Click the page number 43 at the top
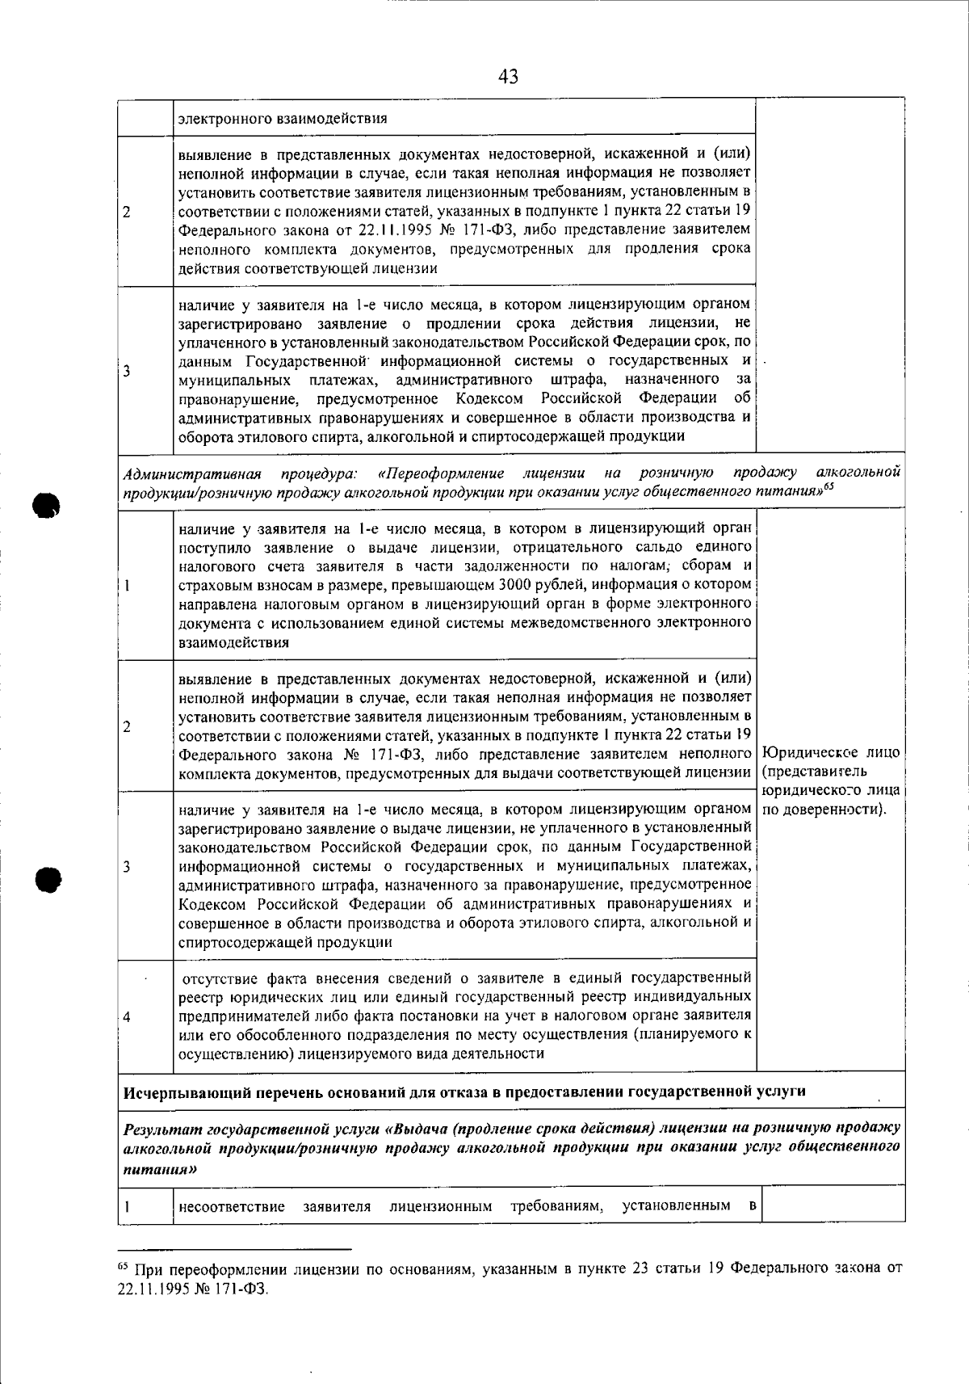pyautogui.click(x=508, y=77)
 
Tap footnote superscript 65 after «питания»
pyautogui.click(x=828, y=486)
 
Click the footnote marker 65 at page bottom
pyautogui.click(x=124, y=1267)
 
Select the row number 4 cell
pyautogui.click(x=128, y=1016)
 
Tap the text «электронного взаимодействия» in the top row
pyautogui.click(x=282, y=118)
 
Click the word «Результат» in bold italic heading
pyautogui.click(x=162, y=1127)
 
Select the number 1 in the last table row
pyautogui.click(x=128, y=1206)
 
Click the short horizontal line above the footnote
pyautogui.click(x=234, y=1249)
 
